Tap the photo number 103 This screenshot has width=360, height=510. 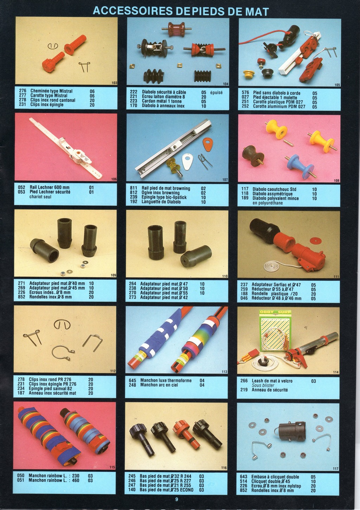tap(114, 83)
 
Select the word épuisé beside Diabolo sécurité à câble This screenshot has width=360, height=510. tap(217, 93)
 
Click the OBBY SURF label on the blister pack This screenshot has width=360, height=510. tap(275, 312)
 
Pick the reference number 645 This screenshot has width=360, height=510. tap(132, 381)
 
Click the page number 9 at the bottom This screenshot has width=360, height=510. tap(176, 499)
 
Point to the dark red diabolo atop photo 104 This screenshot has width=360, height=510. tap(176, 29)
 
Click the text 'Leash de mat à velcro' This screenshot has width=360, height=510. tap(272, 381)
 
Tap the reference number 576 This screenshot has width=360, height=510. tap(245, 93)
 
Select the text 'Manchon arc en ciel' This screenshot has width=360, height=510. tap(159, 385)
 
